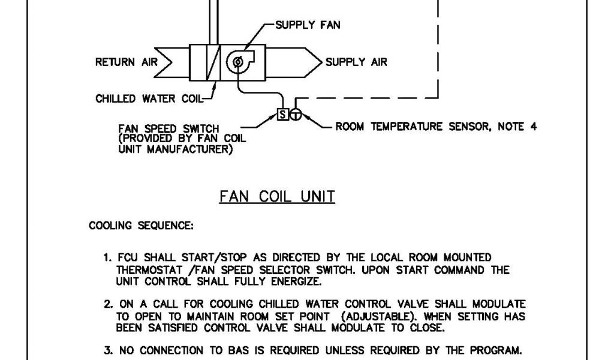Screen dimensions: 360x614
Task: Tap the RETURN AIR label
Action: (123, 62)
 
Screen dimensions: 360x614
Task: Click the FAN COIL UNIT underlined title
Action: (278, 197)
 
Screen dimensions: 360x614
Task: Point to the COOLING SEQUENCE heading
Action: (141, 226)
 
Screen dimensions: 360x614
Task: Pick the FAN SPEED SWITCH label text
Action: (169, 128)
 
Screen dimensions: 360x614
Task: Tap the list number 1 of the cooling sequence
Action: (106, 258)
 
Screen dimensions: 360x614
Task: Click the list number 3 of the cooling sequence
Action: (106, 350)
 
